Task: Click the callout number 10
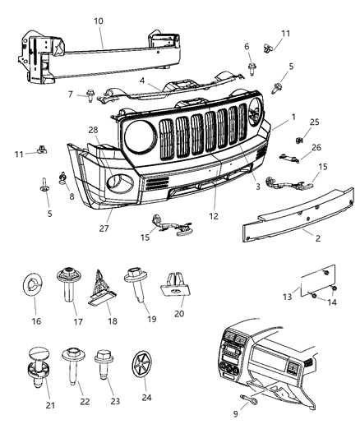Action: click(99, 18)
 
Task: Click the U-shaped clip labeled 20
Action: click(171, 284)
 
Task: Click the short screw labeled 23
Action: click(105, 360)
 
